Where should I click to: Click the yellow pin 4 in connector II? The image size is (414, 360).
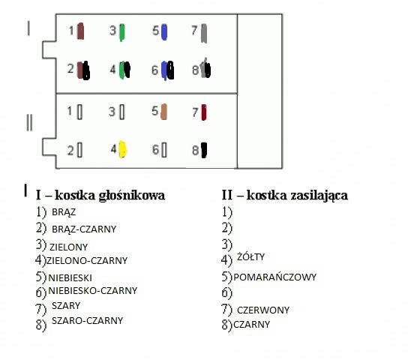122,149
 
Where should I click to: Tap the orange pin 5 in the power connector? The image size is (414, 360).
163,112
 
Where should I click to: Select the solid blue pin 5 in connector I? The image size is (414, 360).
164,32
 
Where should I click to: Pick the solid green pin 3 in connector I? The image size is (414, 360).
122,32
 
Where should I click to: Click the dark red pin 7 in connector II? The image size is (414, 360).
204,112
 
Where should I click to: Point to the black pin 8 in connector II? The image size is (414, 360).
204,150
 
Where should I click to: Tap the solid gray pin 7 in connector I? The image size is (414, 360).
204,33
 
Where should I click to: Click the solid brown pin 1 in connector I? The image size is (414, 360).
80,31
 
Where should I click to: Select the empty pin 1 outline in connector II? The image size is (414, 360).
79,112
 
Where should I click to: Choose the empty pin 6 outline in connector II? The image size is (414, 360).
164,150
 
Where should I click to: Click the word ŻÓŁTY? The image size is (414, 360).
250,256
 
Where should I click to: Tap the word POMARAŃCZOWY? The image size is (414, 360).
274,277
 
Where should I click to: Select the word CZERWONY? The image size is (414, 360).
263,310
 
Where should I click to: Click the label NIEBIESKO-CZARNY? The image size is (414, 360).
93,290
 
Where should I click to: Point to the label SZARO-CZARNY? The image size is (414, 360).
88,321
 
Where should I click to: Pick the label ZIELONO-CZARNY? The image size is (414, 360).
87,261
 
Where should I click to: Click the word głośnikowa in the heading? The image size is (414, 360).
132,196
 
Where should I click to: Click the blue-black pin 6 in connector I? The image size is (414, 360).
167,70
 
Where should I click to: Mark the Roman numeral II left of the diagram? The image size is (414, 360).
29,122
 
